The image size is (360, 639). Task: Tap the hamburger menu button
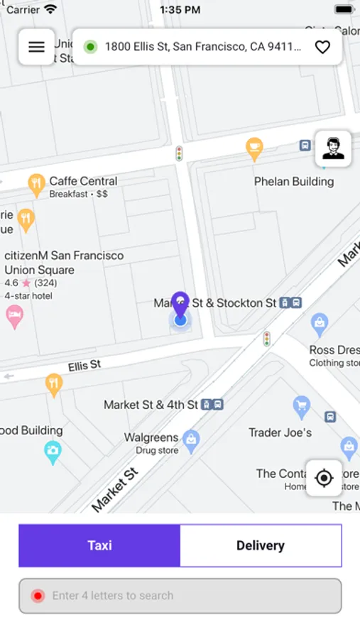coord(36,47)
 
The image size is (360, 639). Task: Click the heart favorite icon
coord(322,47)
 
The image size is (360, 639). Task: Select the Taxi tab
coord(99,545)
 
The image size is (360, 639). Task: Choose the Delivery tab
coord(261,545)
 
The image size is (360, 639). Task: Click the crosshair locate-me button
coord(324,478)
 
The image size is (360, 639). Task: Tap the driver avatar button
coord(333,148)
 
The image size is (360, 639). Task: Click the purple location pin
coord(180,305)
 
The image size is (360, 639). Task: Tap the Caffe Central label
coord(83,181)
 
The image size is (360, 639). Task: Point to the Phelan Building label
coord(294,182)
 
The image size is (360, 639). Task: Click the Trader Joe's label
coord(280,432)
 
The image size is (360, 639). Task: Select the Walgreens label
coord(151,437)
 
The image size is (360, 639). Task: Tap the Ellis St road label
coord(84,366)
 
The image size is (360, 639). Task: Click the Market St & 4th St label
coord(151,405)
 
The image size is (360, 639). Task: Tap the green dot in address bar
coord(90,47)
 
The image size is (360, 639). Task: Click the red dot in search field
coord(38,596)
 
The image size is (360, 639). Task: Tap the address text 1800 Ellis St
coord(202,47)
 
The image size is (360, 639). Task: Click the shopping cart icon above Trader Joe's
coord(302,406)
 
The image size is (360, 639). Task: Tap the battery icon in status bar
coord(344,10)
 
